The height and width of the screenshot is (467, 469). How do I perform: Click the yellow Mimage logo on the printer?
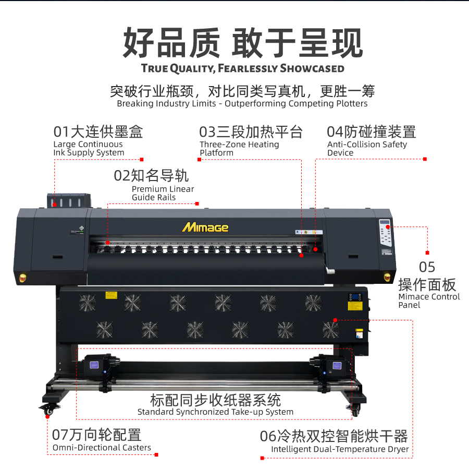(x=205, y=227)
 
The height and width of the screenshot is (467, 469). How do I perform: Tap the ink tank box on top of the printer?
(x=69, y=200)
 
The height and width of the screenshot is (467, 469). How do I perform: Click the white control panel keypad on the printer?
(x=385, y=233)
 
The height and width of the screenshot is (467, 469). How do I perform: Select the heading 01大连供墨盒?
(x=98, y=132)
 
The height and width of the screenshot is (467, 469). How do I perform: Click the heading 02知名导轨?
(x=151, y=175)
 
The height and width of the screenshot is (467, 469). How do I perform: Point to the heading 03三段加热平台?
(x=251, y=132)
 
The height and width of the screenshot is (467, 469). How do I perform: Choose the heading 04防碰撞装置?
(x=372, y=132)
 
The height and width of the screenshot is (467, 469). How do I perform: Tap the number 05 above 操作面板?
(x=427, y=267)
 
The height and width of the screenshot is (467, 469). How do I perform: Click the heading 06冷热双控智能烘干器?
(x=334, y=436)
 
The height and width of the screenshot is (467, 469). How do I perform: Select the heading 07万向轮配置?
(x=96, y=435)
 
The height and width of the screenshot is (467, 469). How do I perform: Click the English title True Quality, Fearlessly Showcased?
(x=242, y=68)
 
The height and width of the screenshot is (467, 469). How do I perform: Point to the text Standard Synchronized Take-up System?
(x=215, y=412)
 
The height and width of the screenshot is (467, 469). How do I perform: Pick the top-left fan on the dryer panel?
(x=88, y=303)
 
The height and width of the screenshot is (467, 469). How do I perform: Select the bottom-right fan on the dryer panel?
(x=331, y=330)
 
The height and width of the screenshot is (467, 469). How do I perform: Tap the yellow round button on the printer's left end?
(x=23, y=278)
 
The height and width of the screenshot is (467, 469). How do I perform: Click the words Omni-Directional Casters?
(x=102, y=448)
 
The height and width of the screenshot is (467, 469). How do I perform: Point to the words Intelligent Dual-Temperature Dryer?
(x=340, y=449)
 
